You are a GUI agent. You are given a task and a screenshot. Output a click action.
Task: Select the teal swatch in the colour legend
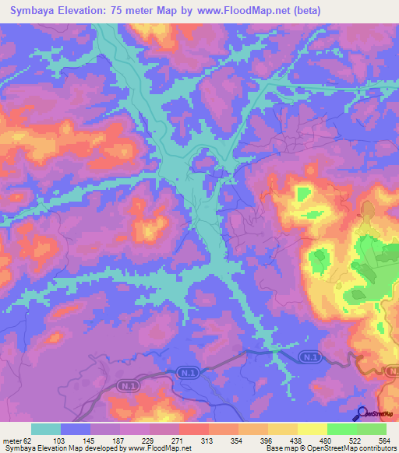tap(46, 429)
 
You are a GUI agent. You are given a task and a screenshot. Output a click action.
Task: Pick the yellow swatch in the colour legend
tap(312, 429)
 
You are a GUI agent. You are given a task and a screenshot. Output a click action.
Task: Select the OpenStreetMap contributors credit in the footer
tap(354, 448)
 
